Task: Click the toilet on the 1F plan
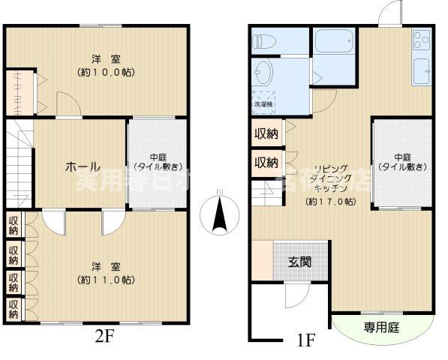pos(263,42)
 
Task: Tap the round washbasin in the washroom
pos(263,72)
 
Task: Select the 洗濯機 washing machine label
pos(263,103)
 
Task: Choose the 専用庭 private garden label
pos(381,326)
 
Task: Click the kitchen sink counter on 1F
pos(420,57)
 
